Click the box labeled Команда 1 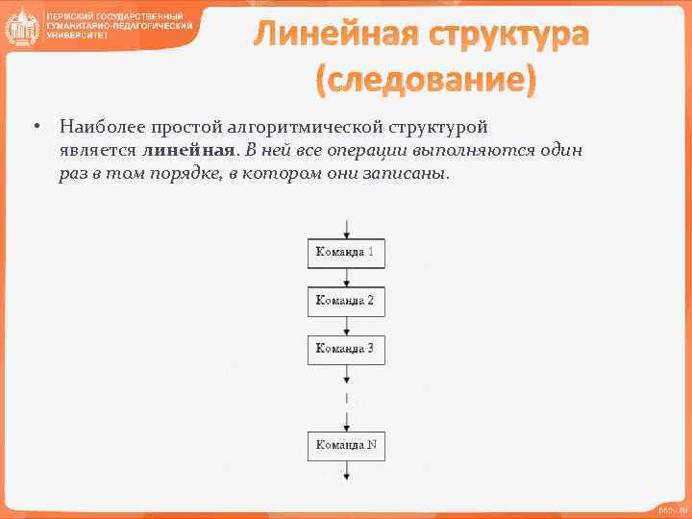(346, 253)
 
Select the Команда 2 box (346, 301)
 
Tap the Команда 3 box (346, 349)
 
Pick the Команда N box (346, 446)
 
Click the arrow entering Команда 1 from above (346, 230)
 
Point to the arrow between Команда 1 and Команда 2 (346, 277)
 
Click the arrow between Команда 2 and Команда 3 (346, 325)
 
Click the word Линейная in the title (328, 36)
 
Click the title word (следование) (426, 79)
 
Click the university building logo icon (20, 26)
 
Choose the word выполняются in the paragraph (479, 151)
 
